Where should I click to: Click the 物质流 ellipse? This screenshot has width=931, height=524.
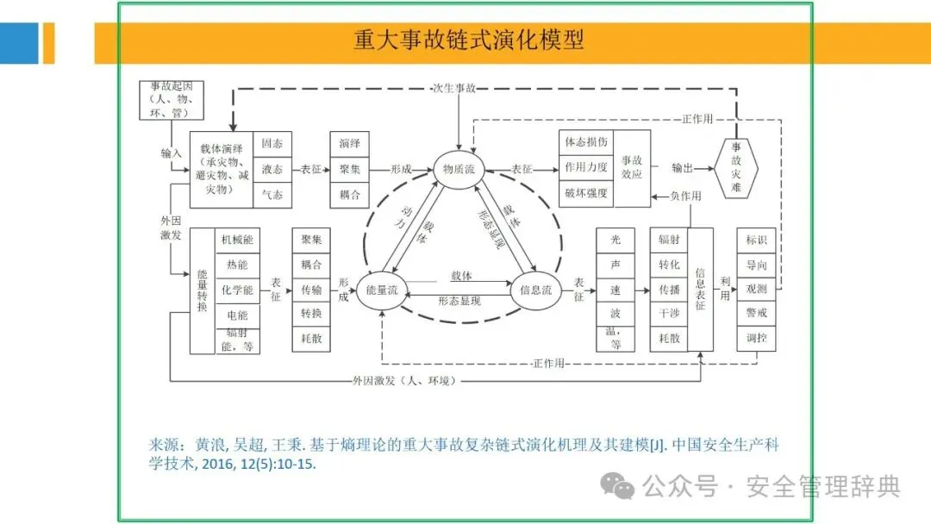tap(460, 169)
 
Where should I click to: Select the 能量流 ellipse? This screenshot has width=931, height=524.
tap(381, 290)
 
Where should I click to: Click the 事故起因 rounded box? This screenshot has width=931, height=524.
tap(172, 99)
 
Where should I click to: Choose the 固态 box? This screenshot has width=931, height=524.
tap(272, 144)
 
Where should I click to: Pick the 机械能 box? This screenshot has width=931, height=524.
tap(237, 240)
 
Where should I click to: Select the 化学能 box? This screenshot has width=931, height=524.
tap(237, 290)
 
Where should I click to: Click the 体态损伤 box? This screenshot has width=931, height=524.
tap(587, 142)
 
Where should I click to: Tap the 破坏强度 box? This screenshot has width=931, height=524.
tap(587, 192)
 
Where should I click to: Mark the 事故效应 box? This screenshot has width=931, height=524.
tap(632, 168)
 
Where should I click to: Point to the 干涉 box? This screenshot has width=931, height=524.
tap(669, 314)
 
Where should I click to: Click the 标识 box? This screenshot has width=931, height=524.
tap(756, 240)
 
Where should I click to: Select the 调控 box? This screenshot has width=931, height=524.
tap(756, 339)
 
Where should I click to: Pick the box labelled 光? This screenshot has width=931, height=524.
tap(615, 240)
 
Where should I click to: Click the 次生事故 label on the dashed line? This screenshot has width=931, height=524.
tap(455, 88)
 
